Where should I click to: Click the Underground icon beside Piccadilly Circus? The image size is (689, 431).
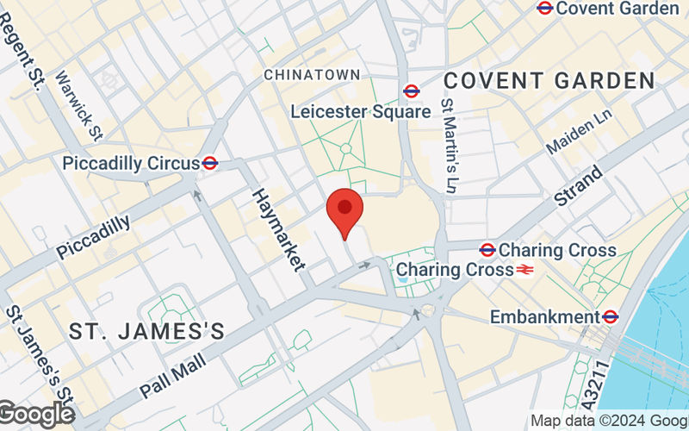pos(209,163)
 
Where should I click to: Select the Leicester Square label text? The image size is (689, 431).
pos(360,111)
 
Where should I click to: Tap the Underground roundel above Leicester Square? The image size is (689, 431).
pos(411,91)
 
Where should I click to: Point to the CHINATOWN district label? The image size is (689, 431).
pos(312,75)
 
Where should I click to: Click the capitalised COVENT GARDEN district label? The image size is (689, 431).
pos(549,81)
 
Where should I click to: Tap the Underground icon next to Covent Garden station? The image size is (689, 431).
pos(544,8)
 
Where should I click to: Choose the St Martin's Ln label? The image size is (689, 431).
pos(448,144)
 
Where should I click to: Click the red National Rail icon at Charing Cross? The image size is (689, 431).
pos(525,270)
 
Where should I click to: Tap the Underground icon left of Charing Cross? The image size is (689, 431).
pos(487,250)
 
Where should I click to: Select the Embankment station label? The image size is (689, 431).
pos(544,317)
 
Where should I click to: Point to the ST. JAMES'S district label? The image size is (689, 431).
pos(146,331)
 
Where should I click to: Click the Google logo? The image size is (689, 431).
pos(36,415)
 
